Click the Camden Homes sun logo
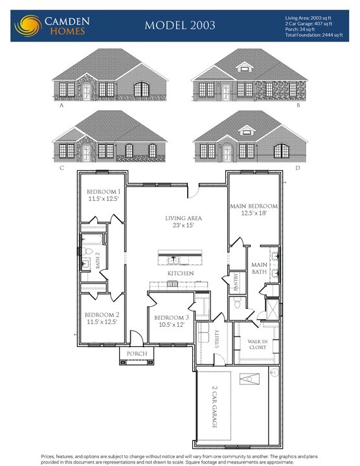click(x=27, y=25)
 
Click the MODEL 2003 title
click(x=180, y=25)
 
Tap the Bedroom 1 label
click(x=104, y=195)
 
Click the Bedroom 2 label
click(x=102, y=318)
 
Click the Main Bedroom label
click(x=254, y=209)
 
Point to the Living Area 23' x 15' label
click(x=183, y=222)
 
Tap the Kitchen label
click(x=181, y=274)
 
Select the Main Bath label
click(x=259, y=268)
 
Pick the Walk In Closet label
click(x=258, y=344)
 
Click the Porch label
click(x=137, y=354)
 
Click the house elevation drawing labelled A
click(x=110, y=76)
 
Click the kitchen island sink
click(x=174, y=260)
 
